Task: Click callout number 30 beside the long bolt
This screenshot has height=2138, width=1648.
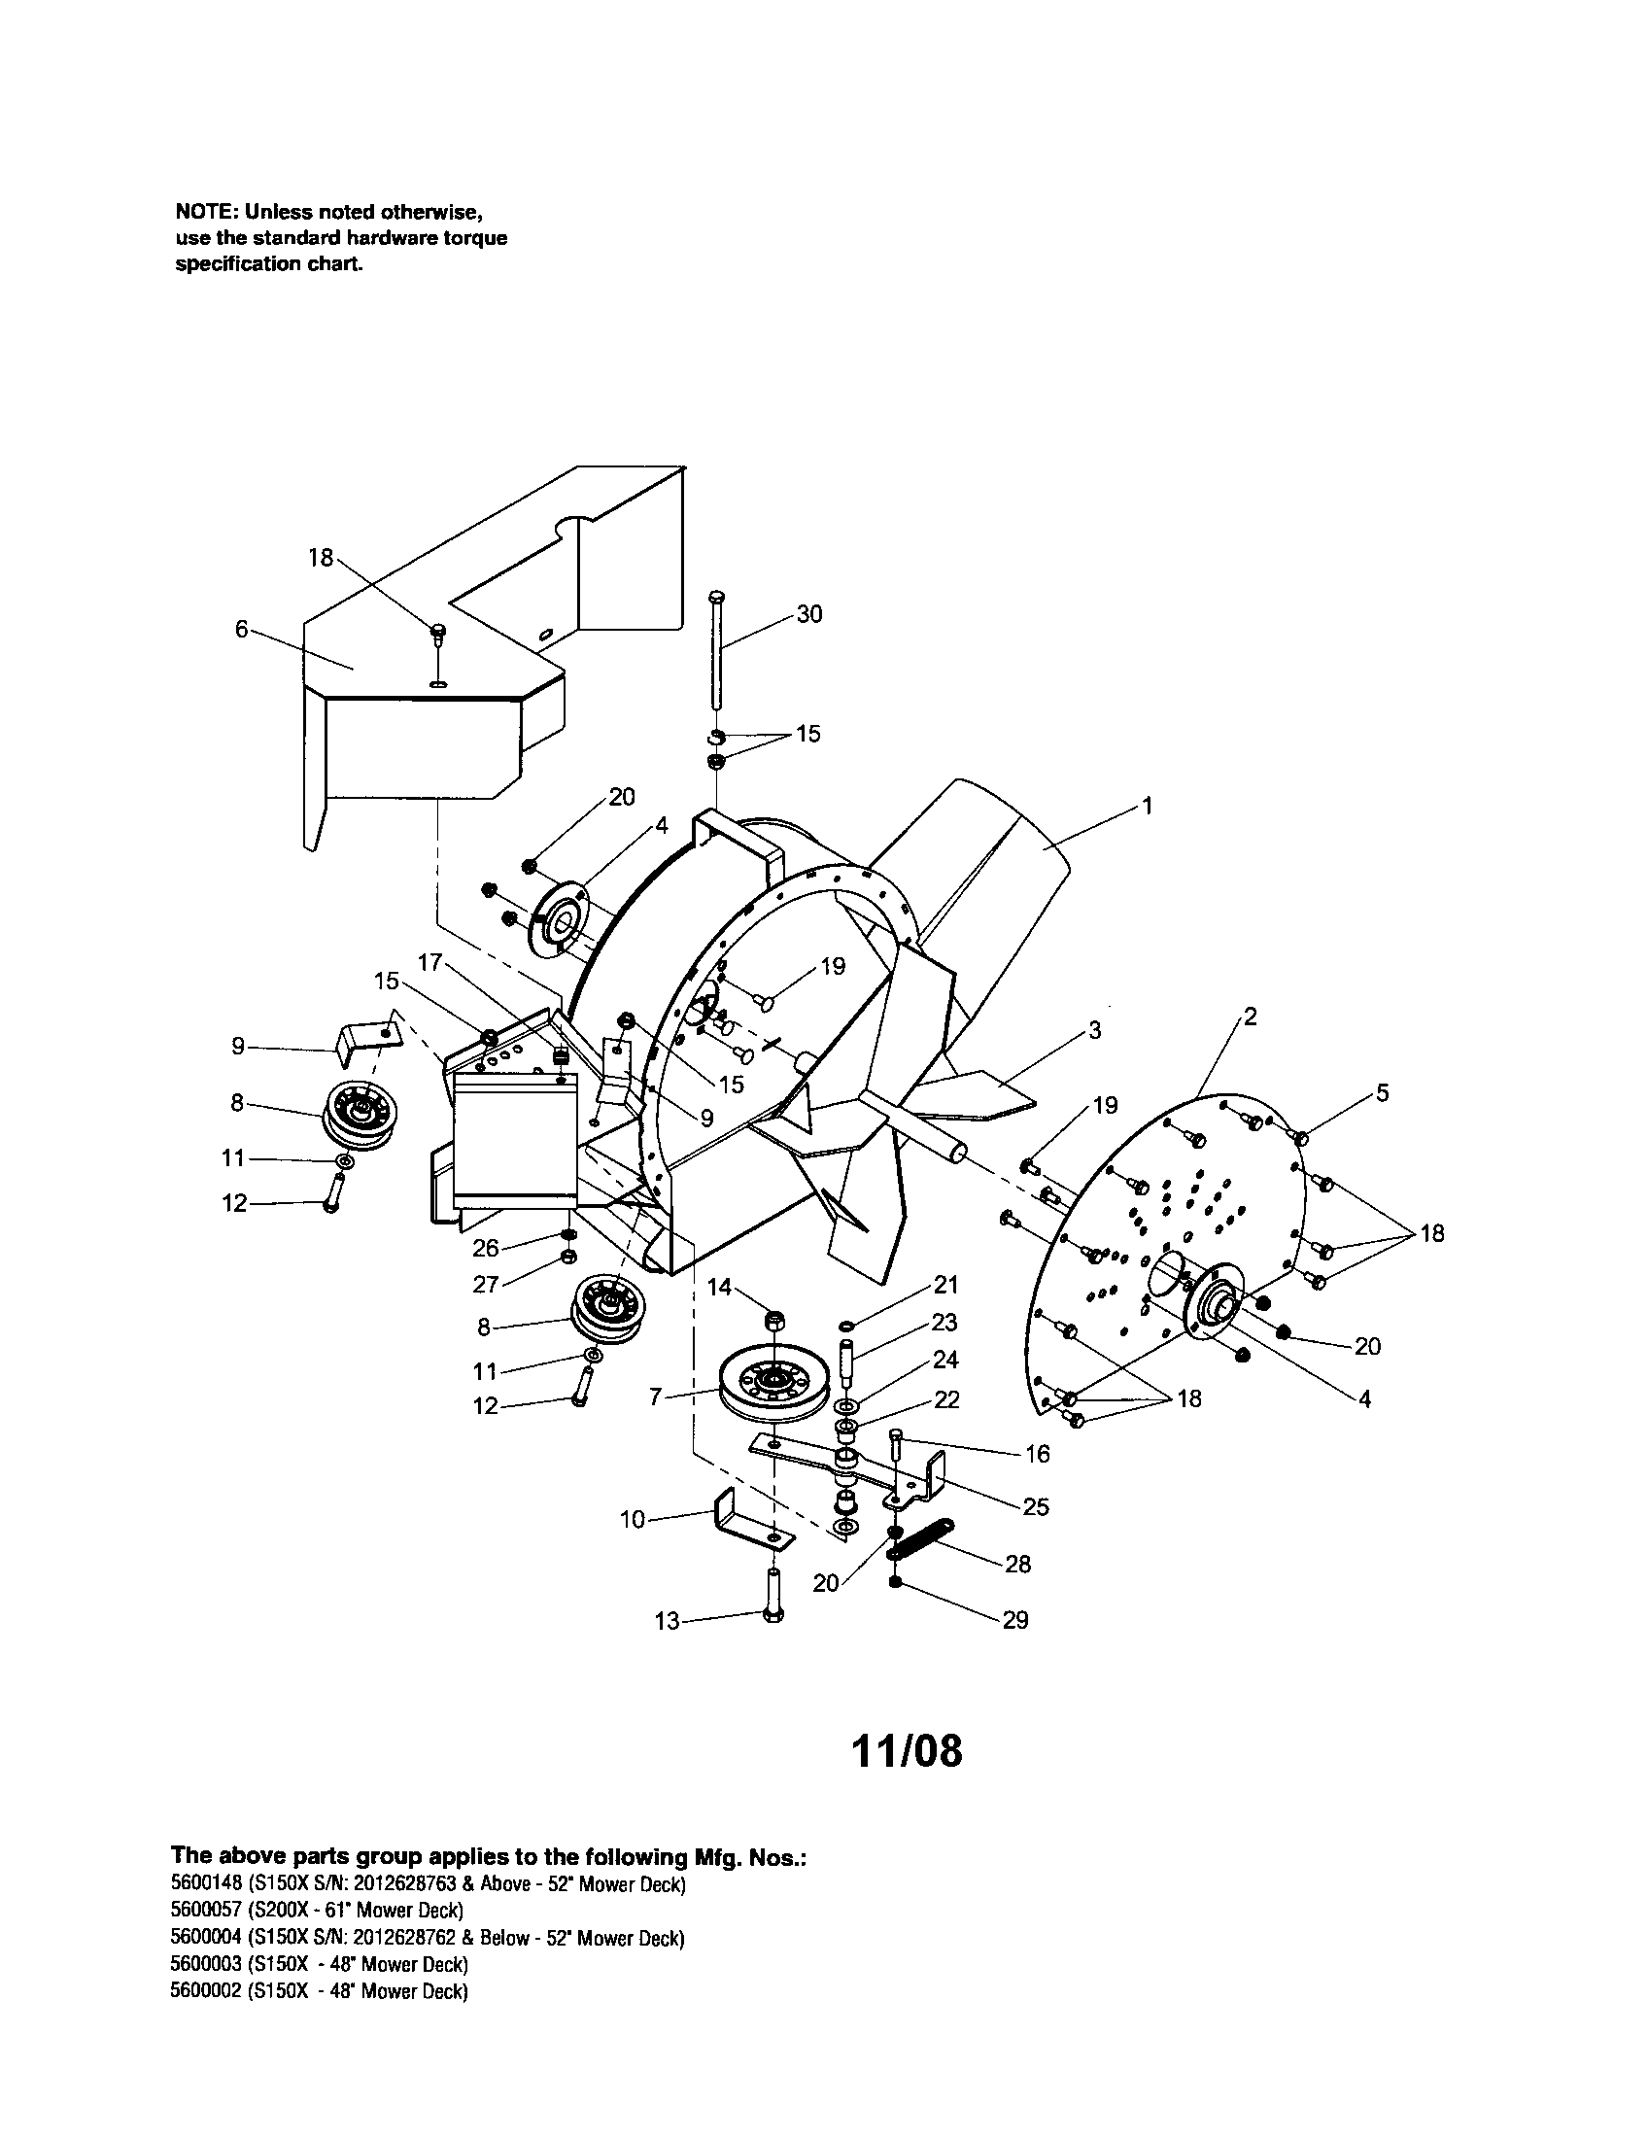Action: click(x=808, y=614)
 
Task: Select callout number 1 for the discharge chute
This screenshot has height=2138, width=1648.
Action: click(x=1148, y=806)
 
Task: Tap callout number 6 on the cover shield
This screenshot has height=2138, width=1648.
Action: click(x=242, y=630)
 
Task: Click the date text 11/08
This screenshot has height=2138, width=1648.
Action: click(x=907, y=1751)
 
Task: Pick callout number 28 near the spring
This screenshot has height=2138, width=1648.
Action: click(x=1017, y=1564)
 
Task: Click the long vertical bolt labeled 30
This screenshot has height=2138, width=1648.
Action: click(x=717, y=651)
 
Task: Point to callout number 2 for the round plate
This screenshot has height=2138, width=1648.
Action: click(x=1250, y=1017)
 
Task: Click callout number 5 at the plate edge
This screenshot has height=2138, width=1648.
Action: click(x=1382, y=1092)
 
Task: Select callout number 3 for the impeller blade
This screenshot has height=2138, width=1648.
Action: click(x=1094, y=1030)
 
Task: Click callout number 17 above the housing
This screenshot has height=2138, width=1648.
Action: click(x=430, y=962)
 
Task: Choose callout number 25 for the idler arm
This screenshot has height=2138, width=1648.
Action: click(x=1036, y=1506)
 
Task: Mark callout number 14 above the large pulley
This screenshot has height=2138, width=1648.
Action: click(x=719, y=1288)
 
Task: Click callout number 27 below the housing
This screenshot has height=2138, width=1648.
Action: click(x=487, y=1284)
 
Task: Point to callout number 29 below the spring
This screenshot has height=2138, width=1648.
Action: click(x=1015, y=1620)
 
